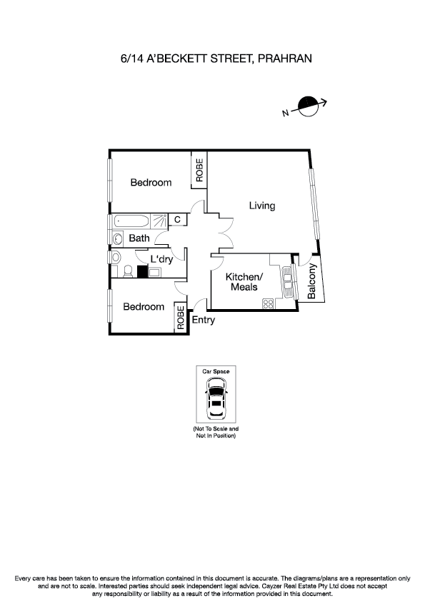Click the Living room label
pos(261,206)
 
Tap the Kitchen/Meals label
pos(244,282)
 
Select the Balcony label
pos(312,281)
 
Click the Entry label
pos(204,320)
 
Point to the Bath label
pos(139,238)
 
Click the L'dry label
pos(161,259)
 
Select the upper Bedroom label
pos(151,183)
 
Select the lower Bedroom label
pos(143,307)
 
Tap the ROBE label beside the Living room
pos(199,172)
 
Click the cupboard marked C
pos(177,220)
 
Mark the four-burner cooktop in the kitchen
pos(269,303)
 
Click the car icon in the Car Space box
pos(215,400)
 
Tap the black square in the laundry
pos(141,271)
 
